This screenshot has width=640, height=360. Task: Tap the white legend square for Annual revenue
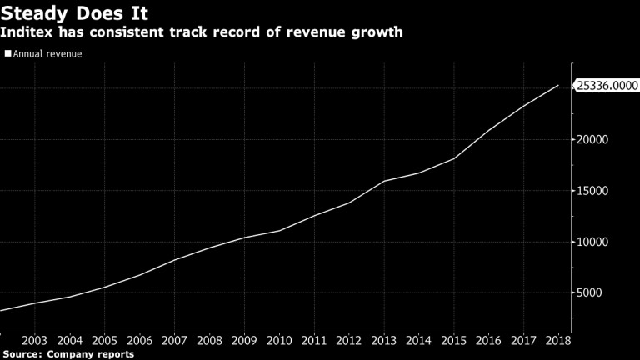point(7,55)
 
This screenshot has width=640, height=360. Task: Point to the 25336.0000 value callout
point(607,85)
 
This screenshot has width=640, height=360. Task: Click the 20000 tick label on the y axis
point(593,139)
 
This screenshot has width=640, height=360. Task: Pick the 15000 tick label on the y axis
point(593,191)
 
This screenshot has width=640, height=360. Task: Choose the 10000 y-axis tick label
point(593,242)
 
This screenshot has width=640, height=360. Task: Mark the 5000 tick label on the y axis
point(590,293)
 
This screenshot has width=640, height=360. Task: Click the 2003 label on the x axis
point(33,340)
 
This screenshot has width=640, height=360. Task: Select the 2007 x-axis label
point(174,340)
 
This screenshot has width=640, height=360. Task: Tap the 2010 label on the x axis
point(280,340)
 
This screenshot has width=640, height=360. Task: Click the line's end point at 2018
point(558,85)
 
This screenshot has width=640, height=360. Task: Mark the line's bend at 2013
point(384,181)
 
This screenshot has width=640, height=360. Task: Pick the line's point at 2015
point(453,158)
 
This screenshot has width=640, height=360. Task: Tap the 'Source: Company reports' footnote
point(67,354)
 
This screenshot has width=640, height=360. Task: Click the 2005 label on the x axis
point(104,340)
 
